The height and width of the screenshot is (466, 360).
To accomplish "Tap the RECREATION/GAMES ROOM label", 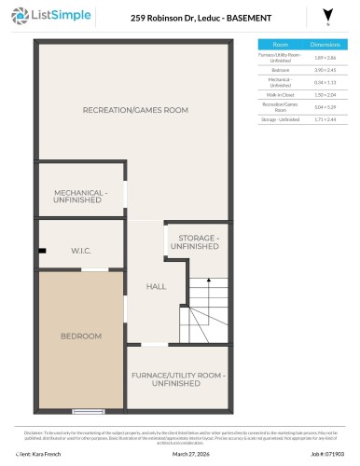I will click(135, 110).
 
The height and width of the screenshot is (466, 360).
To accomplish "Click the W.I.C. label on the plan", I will click(81, 250).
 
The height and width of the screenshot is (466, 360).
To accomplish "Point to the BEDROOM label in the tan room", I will click(80, 336).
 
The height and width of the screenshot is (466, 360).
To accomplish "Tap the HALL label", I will click(156, 287).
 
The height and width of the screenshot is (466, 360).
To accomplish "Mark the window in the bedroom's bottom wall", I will click(88, 410).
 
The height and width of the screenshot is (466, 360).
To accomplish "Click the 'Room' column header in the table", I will click(280, 44).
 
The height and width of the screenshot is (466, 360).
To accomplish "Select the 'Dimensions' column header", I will click(324, 44).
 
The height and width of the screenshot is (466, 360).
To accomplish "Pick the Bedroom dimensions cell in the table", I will click(324, 69).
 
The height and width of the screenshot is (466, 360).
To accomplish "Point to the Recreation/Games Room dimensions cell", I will click(324, 107).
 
